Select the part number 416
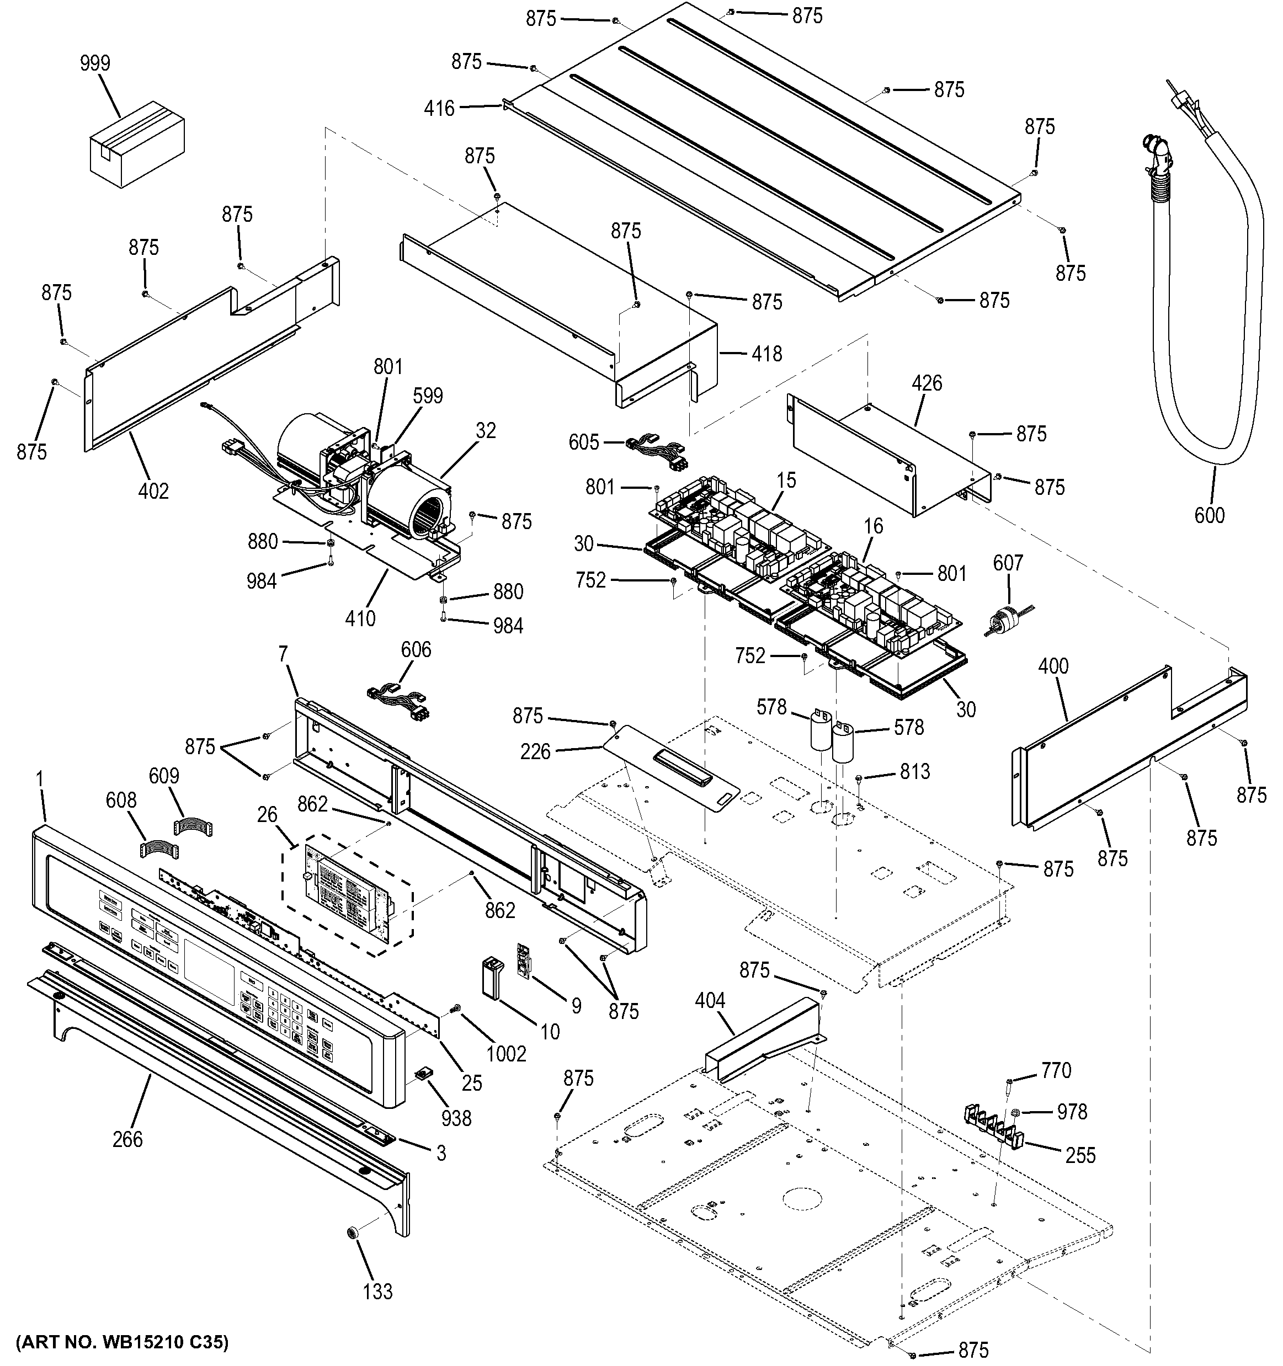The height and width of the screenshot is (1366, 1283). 439,108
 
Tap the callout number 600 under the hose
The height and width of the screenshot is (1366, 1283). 1209,515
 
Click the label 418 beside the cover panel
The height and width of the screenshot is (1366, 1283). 766,353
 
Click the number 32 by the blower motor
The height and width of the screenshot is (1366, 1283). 485,430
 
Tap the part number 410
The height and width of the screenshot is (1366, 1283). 360,618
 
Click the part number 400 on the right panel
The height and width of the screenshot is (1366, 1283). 1053,666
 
